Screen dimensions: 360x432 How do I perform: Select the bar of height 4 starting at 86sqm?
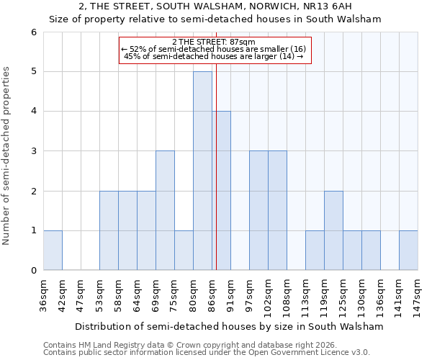tap(221, 191)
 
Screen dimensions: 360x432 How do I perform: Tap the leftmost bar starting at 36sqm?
tap(53, 250)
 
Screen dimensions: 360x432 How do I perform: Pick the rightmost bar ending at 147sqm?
tap(408, 250)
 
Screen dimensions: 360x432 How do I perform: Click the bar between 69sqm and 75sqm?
tap(165, 210)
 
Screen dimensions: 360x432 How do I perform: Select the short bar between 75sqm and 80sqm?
tap(184, 250)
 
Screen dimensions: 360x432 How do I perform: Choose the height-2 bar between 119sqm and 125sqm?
tap(333, 230)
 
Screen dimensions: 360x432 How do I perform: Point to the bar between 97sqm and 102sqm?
tap(258, 210)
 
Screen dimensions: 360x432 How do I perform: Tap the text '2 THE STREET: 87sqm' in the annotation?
tap(214, 42)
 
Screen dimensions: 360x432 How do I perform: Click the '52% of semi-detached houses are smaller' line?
tap(214, 49)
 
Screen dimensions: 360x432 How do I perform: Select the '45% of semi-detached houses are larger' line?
tap(214, 56)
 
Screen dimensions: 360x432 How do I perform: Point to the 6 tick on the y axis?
tap(33, 32)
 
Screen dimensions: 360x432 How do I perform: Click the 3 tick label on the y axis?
tap(33, 151)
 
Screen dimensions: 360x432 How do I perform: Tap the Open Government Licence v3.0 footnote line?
tap(207, 353)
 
